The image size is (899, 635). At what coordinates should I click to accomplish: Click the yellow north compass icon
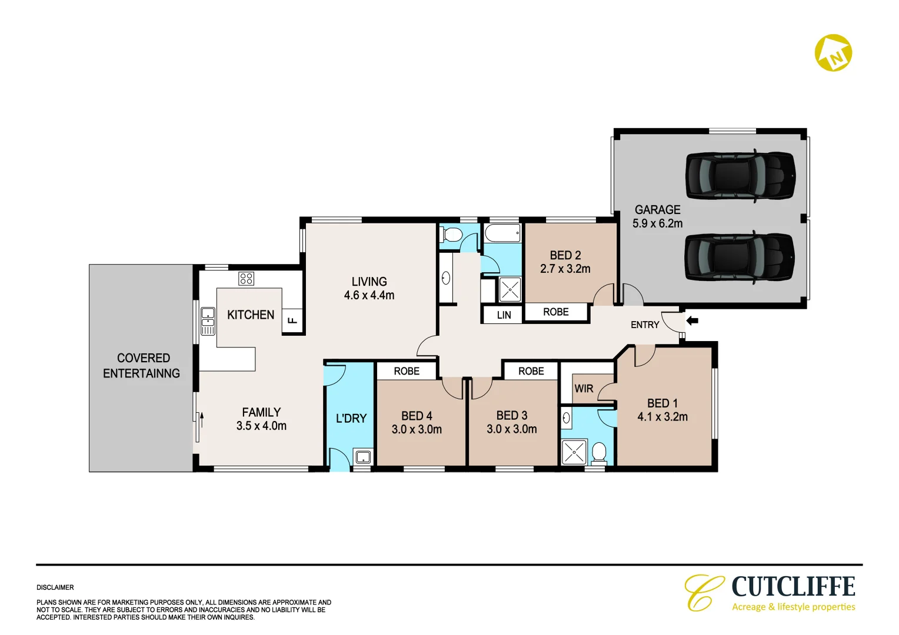click(833, 53)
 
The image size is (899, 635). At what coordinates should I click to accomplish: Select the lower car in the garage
click(740, 258)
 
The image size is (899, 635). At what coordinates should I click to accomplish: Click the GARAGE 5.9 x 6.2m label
click(657, 216)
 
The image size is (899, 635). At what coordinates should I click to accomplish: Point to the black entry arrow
click(692, 321)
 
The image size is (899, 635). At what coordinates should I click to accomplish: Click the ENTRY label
click(645, 325)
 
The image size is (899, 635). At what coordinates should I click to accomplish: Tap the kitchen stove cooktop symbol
click(246, 278)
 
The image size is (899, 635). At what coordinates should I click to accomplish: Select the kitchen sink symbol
click(208, 321)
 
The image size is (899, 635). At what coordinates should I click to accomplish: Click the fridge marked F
click(292, 321)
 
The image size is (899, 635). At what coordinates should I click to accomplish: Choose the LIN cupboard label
click(504, 315)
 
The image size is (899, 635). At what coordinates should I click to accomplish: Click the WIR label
click(584, 389)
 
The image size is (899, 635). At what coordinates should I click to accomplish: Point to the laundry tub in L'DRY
click(363, 456)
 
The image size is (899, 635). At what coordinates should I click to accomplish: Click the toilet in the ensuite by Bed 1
click(599, 453)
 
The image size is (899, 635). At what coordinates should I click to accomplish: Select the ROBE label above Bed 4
click(407, 371)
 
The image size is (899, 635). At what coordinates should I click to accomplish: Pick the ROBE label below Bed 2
click(555, 312)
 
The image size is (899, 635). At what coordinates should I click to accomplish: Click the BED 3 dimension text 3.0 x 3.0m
click(511, 429)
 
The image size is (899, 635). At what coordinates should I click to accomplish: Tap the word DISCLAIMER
click(55, 587)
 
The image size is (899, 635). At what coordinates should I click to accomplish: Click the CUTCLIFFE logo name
click(793, 587)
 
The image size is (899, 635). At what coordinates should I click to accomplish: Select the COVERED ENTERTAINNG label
click(142, 366)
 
